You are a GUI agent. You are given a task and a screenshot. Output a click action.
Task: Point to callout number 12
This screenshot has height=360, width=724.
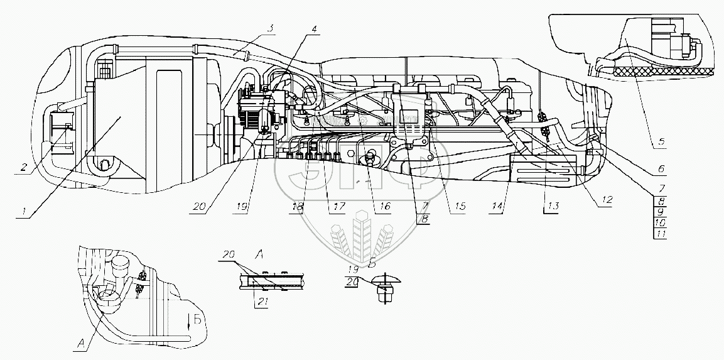tap(607, 199)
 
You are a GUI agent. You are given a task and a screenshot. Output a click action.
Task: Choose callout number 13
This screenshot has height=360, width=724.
tap(551, 205)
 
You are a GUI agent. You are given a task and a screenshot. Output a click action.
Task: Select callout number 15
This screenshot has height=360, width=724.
tap(460, 205)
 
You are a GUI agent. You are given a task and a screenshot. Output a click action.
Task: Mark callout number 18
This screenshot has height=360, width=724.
tap(299, 206)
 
